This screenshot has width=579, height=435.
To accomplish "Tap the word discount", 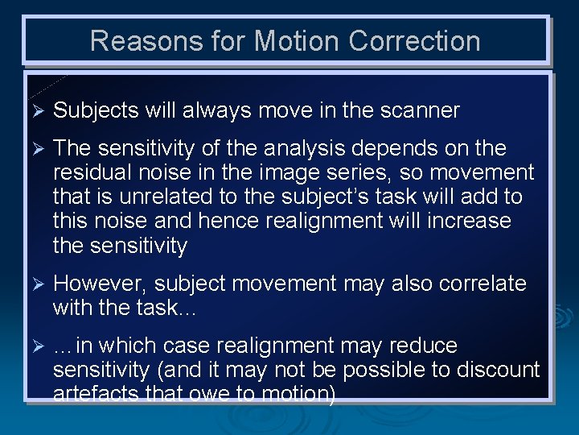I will [x=498, y=370].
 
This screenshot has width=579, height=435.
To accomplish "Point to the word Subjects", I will [x=96, y=111].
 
